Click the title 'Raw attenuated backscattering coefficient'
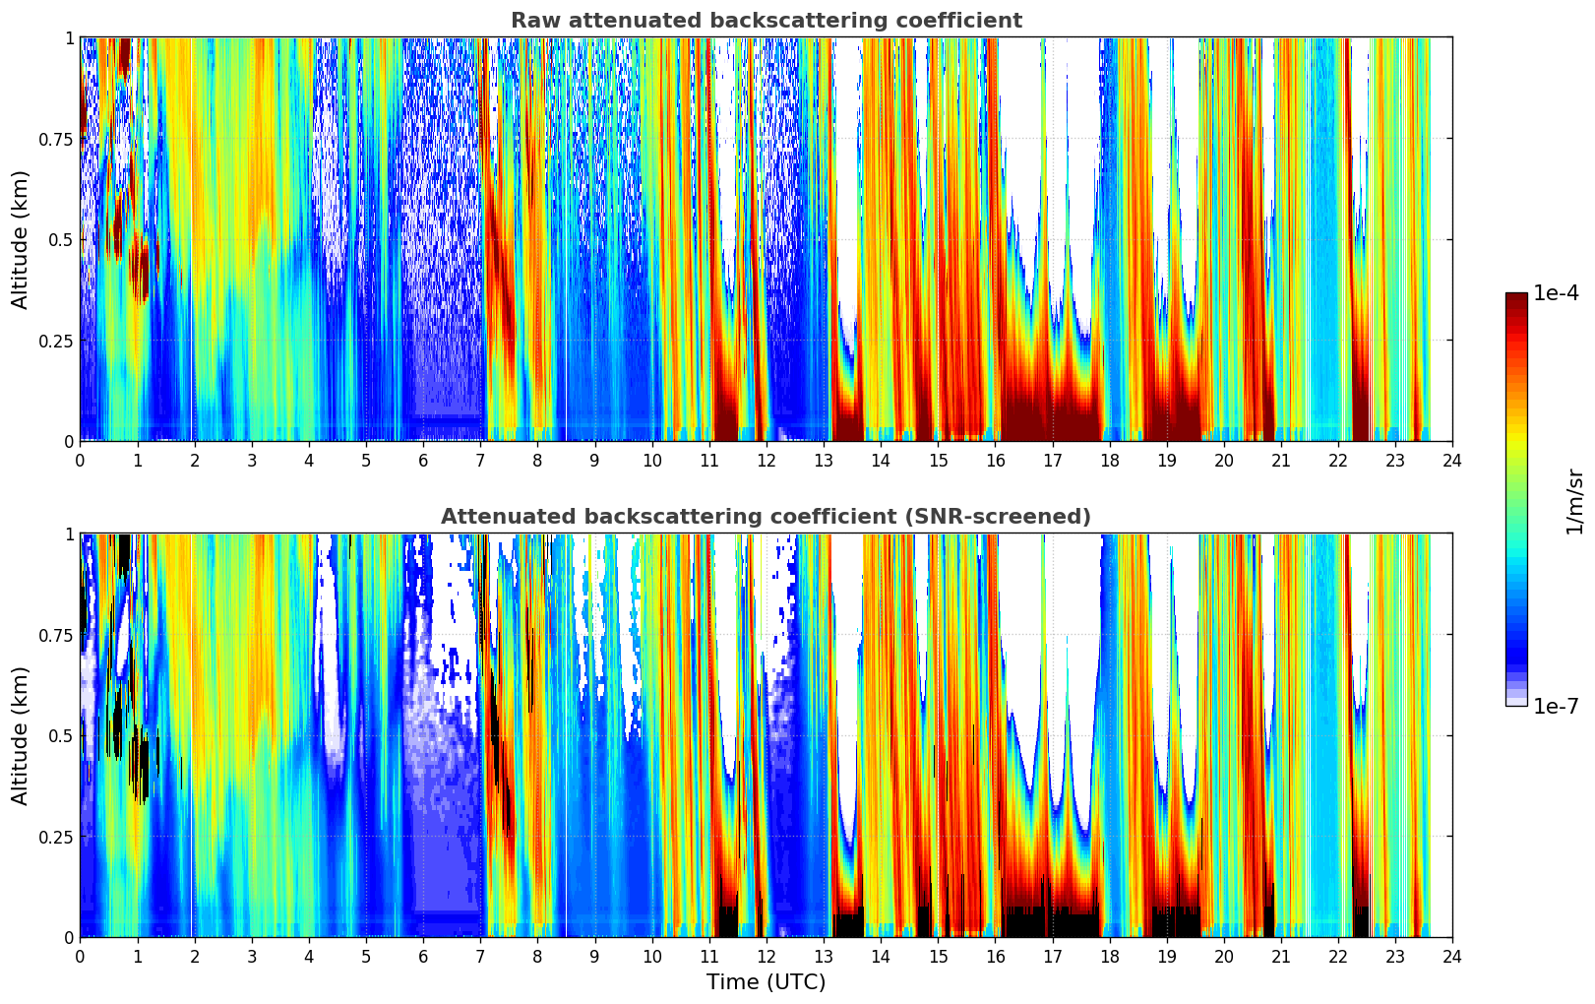766,21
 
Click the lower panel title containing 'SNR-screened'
766,517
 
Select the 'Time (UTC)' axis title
766,982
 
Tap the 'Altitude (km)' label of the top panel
21,239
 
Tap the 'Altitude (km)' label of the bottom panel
21,735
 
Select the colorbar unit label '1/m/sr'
1574,501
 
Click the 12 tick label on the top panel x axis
766,460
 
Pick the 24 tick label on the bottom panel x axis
1452,956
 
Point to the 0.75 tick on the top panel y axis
55,139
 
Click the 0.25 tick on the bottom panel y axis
55,837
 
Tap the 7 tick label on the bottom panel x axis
480,956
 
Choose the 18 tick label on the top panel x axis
1109,460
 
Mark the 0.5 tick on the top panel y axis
61,240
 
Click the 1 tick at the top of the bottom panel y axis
69,534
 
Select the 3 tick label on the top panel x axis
252,460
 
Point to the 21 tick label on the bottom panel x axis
1280,956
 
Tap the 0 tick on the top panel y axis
69,442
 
